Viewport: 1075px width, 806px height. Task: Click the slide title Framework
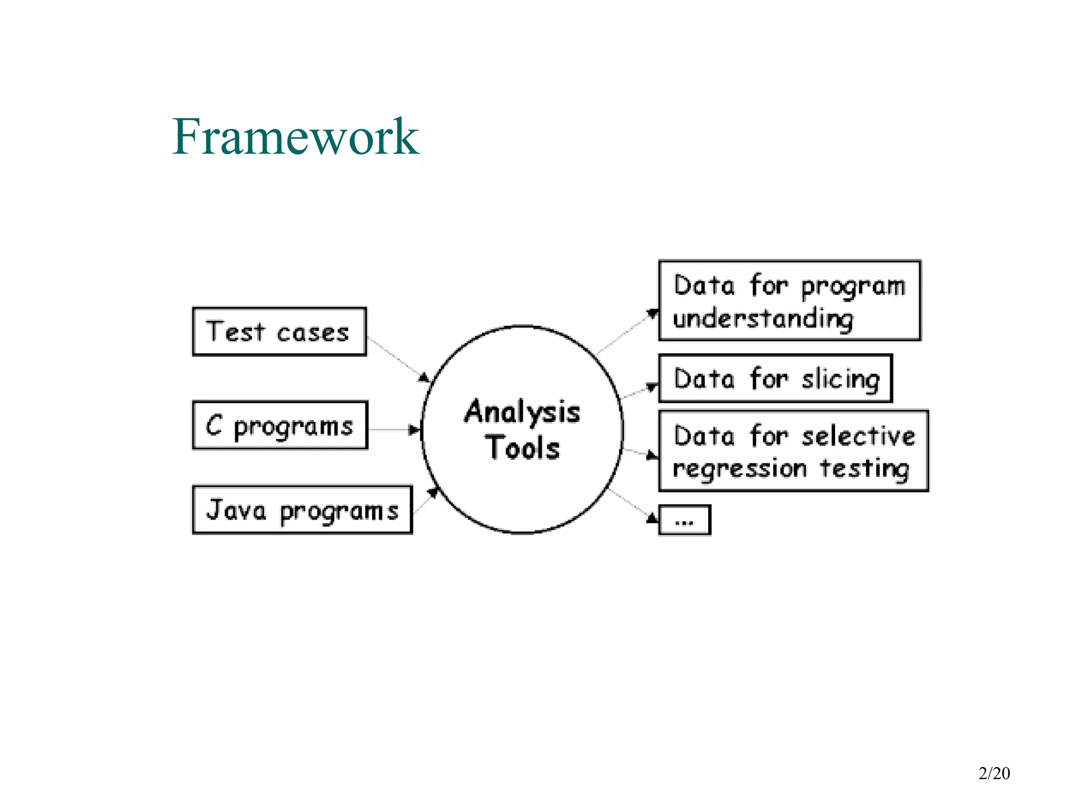point(296,137)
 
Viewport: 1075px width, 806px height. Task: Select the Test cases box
point(279,332)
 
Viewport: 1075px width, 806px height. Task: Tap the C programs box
point(280,426)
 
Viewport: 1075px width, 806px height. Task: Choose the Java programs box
point(302,510)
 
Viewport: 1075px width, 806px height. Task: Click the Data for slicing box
point(775,378)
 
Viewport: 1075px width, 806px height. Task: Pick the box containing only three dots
point(684,520)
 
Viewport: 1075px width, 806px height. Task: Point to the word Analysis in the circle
point(522,412)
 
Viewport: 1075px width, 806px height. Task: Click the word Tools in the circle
point(523,448)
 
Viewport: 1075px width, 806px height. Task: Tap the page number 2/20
point(994,773)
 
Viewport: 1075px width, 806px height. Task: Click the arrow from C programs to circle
point(394,430)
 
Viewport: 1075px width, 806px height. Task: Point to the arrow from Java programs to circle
point(426,500)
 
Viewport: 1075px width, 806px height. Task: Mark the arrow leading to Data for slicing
point(639,391)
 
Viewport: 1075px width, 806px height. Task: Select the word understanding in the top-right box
point(763,319)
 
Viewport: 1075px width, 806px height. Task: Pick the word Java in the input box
point(236,510)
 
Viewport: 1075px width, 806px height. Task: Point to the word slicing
point(840,379)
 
